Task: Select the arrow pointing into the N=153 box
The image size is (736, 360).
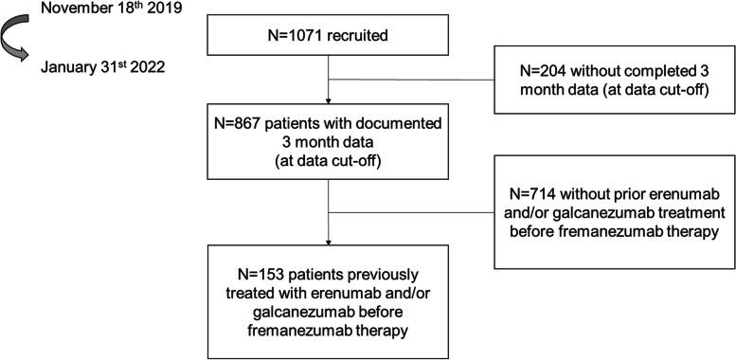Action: pyautogui.click(x=327, y=227)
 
